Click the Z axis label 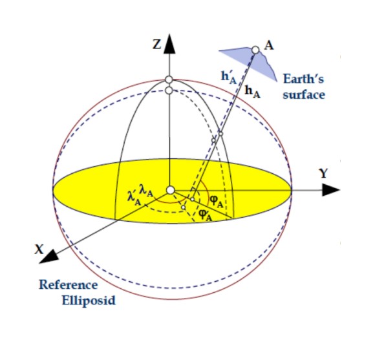tap(156, 45)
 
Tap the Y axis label tap(323, 173)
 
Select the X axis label tap(39, 249)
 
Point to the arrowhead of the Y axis tap(331, 190)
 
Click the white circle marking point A tap(255, 50)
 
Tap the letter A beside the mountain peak tap(269, 45)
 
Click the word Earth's tap(303, 79)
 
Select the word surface tap(304, 95)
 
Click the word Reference tap(69, 284)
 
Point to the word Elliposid tap(89, 301)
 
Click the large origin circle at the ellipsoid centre tap(170, 190)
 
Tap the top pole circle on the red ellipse tap(169, 79)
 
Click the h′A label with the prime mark tap(229, 78)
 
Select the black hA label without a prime tap(253, 92)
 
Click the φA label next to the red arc tap(217, 201)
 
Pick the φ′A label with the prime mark tap(206, 215)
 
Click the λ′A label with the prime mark tap(134, 198)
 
